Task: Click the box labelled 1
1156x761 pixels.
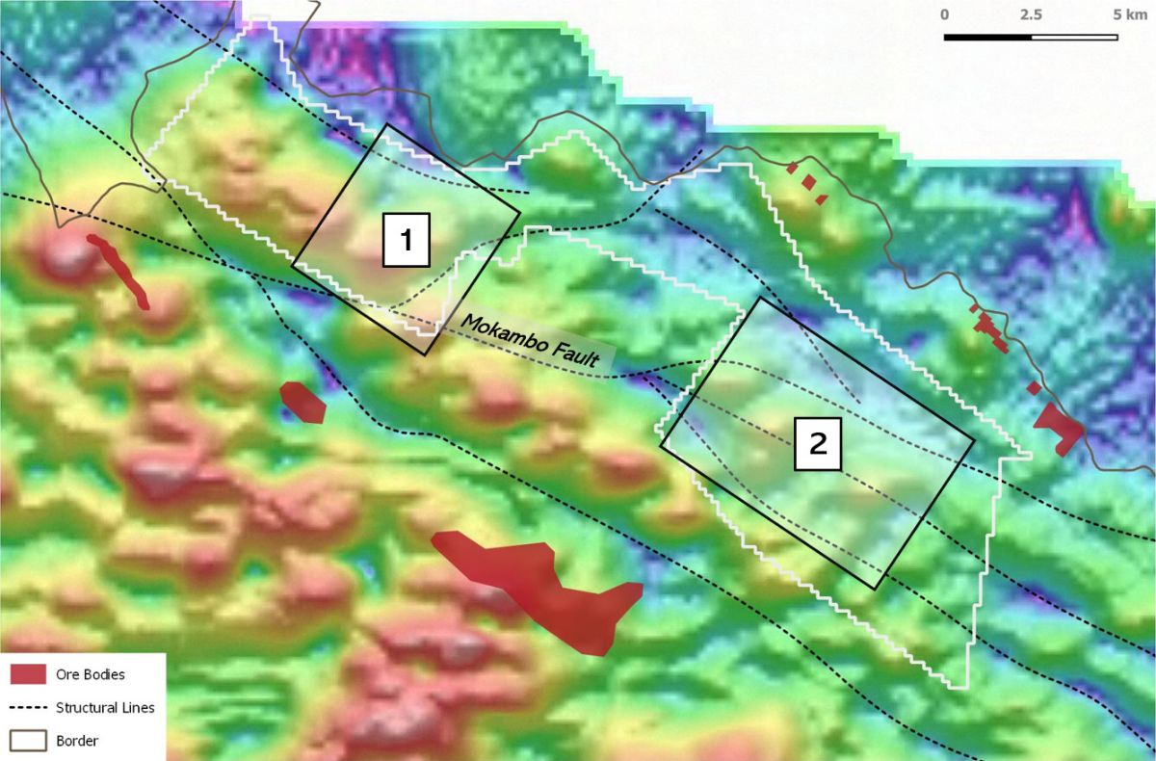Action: click(406, 240)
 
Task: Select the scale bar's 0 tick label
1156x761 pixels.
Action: click(945, 15)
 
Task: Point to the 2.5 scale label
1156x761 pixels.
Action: click(1031, 15)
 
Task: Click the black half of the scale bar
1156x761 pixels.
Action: click(987, 38)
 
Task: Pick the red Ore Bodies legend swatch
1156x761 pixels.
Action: click(28, 673)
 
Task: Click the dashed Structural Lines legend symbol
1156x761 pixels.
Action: click(28, 707)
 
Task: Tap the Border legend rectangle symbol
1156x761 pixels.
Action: click(28, 740)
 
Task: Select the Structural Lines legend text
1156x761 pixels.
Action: click(105, 707)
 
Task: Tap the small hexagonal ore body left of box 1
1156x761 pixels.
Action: click(302, 402)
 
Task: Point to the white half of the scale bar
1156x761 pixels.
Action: click(1074, 38)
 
